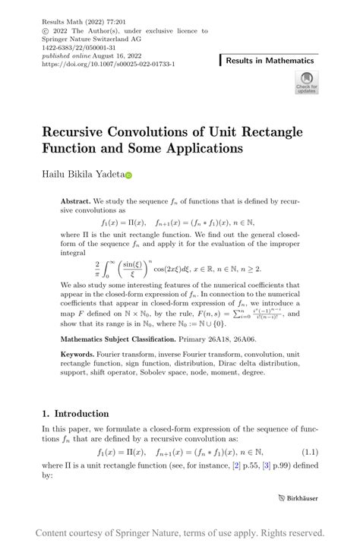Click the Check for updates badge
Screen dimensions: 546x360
[306, 83]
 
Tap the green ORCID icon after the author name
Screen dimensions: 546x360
[128, 175]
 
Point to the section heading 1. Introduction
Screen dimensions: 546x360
[75, 414]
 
